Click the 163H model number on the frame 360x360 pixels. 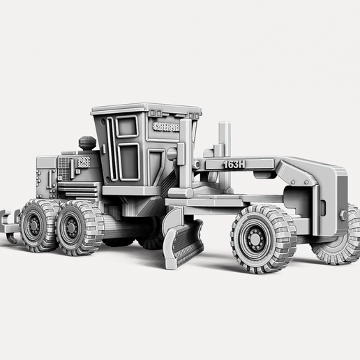(234, 164)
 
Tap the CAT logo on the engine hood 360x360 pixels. (83, 161)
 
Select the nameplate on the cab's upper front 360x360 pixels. (166, 127)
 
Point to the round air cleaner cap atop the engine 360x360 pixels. (87, 142)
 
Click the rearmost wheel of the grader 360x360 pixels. (36, 225)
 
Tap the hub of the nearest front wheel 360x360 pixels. (255, 239)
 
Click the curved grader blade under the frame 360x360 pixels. (183, 241)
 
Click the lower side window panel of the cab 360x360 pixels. (129, 161)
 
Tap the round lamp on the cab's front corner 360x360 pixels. (171, 153)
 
